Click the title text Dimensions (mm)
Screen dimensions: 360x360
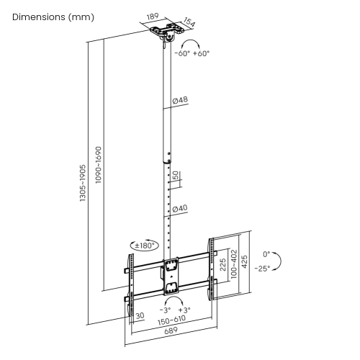pyautogui.click(x=53, y=17)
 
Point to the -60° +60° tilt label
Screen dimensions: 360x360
pyautogui.click(x=192, y=53)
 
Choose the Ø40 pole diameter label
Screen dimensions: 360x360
pyautogui.click(x=180, y=208)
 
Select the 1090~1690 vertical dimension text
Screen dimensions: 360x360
pyautogui.click(x=99, y=165)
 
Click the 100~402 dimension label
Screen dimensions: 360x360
pyautogui.click(x=233, y=267)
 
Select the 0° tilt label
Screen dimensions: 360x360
pyautogui.click(x=266, y=254)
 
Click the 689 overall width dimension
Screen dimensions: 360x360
pyautogui.click(x=170, y=332)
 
